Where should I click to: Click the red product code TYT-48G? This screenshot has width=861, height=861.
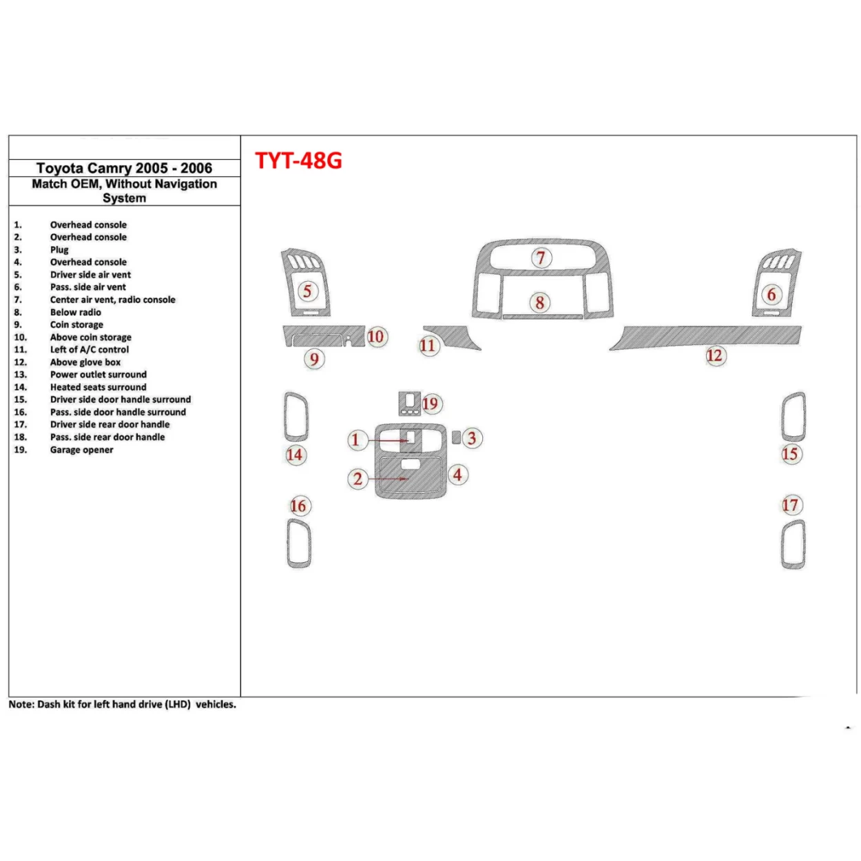pos(298,160)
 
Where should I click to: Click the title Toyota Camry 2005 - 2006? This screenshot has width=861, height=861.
pos(124,168)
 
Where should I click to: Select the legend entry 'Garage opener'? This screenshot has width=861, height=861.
pos(81,450)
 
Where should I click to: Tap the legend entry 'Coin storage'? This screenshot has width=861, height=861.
pos(76,324)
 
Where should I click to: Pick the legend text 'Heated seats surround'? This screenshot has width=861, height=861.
pos(98,387)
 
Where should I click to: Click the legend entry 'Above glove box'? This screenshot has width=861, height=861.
pos(85,362)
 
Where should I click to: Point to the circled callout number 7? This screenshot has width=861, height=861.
pos(541,258)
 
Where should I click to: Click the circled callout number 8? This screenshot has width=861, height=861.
pos(540,302)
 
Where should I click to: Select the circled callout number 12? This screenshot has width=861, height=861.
pos(714,355)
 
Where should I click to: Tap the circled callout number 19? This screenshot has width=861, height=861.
pos(430,404)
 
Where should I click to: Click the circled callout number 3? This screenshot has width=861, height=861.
pos(471,438)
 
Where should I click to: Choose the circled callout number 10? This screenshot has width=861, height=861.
pos(375,337)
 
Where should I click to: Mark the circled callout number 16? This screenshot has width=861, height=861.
pos(298,506)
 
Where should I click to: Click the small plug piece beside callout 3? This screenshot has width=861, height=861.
pos(456,437)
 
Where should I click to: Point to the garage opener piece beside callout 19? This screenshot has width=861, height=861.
pos(409,403)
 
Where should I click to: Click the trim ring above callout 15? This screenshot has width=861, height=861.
pos(793,416)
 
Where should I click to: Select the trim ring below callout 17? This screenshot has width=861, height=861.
pos(793,545)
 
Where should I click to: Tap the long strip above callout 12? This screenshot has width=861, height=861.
pos(709,336)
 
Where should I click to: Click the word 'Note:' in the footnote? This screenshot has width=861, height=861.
pos(21,705)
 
